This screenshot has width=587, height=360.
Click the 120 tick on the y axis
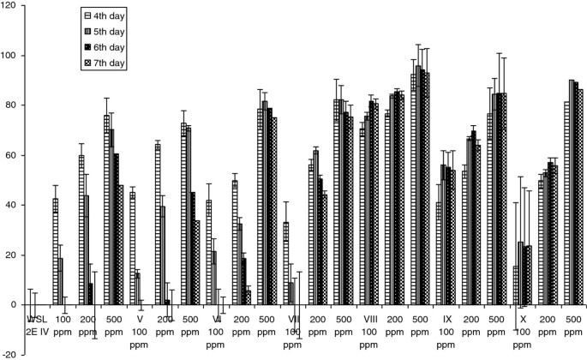coord(11,6)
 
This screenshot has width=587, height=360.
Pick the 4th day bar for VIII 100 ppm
coord(362,217)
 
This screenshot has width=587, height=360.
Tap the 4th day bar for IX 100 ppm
coord(439,254)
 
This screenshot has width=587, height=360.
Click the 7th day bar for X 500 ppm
coord(579,197)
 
